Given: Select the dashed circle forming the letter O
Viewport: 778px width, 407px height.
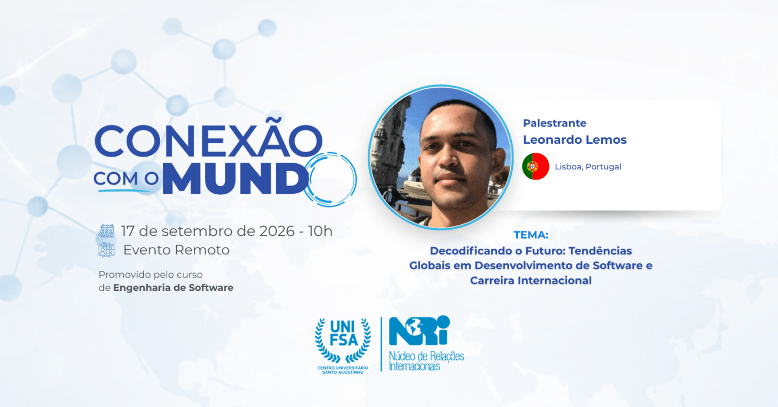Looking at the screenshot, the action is [x=330, y=179].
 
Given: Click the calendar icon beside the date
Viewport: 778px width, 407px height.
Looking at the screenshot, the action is [x=107, y=231].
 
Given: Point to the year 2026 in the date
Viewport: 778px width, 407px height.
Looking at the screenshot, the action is [x=277, y=231].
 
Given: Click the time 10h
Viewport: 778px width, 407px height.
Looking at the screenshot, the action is [x=320, y=231].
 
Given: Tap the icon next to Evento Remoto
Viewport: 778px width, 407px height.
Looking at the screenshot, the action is [x=106, y=250].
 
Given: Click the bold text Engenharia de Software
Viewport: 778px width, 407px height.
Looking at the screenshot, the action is [x=173, y=288].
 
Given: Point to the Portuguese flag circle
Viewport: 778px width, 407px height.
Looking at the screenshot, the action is [x=536, y=167].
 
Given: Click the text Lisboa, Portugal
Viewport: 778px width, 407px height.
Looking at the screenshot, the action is [x=588, y=167].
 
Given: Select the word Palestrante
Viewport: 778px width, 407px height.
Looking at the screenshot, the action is [x=555, y=123].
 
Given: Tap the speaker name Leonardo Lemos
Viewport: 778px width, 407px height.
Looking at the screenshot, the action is [x=575, y=140].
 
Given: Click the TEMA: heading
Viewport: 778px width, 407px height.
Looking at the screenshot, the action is [x=531, y=235].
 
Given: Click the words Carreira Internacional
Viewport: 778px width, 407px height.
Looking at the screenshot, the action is [x=531, y=280].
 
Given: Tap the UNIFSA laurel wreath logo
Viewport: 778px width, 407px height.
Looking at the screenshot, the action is [x=343, y=345].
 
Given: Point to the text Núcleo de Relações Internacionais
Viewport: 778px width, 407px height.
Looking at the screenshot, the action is [x=426, y=361].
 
